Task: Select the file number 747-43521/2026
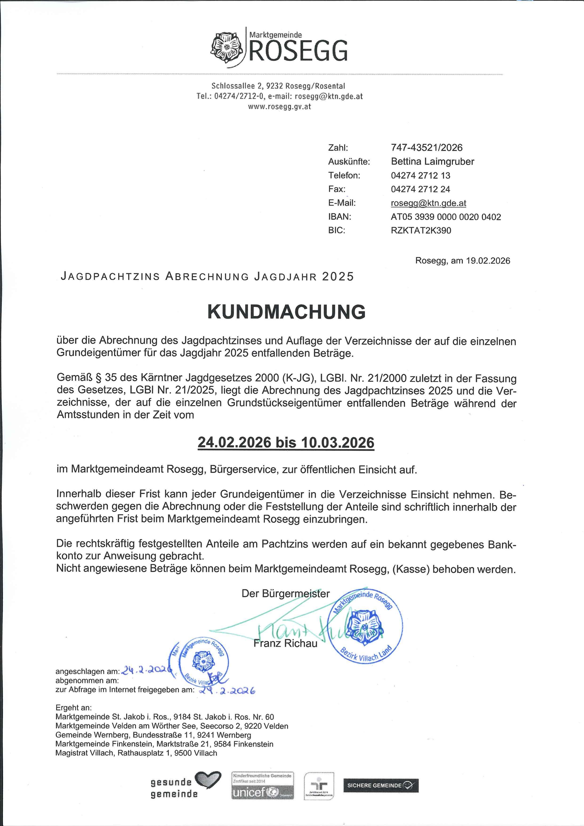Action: point(427,147)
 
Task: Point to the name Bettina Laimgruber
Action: point(432,162)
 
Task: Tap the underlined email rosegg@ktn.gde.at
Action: point(428,203)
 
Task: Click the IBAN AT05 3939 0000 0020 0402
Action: point(446,217)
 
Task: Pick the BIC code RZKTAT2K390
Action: point(421,230)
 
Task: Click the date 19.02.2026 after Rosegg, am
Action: point(488,261)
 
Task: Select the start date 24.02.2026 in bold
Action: point(234,442)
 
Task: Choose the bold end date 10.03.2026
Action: point(338,442)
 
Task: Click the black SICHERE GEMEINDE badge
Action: point(381,785)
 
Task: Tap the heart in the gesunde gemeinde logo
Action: point(207,780)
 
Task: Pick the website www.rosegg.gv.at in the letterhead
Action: point(279,107)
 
